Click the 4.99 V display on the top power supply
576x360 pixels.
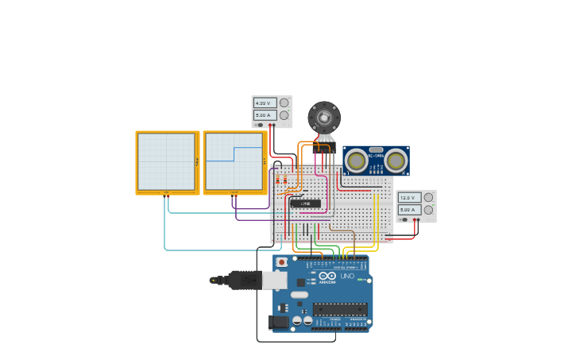(264, 103)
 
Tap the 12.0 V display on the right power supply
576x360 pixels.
(408, 198)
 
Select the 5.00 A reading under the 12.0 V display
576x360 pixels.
(408, 210)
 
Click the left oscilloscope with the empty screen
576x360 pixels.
(167, 162)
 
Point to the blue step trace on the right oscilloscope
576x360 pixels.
(234, 153)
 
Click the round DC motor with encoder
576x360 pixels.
(323, 118)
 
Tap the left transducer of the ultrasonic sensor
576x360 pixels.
(357, 161)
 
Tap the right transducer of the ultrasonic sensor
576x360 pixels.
(395, 161)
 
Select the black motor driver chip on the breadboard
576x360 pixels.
(305, 203)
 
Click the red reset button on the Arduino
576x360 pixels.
(281, 261)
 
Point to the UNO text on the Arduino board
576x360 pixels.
(347, 277)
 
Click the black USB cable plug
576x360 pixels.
(243, 280)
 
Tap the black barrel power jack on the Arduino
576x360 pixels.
(278, 322)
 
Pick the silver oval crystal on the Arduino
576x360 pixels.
(299, 295)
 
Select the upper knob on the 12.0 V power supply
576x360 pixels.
(428, 197)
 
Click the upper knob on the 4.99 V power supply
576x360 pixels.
(284, 103)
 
